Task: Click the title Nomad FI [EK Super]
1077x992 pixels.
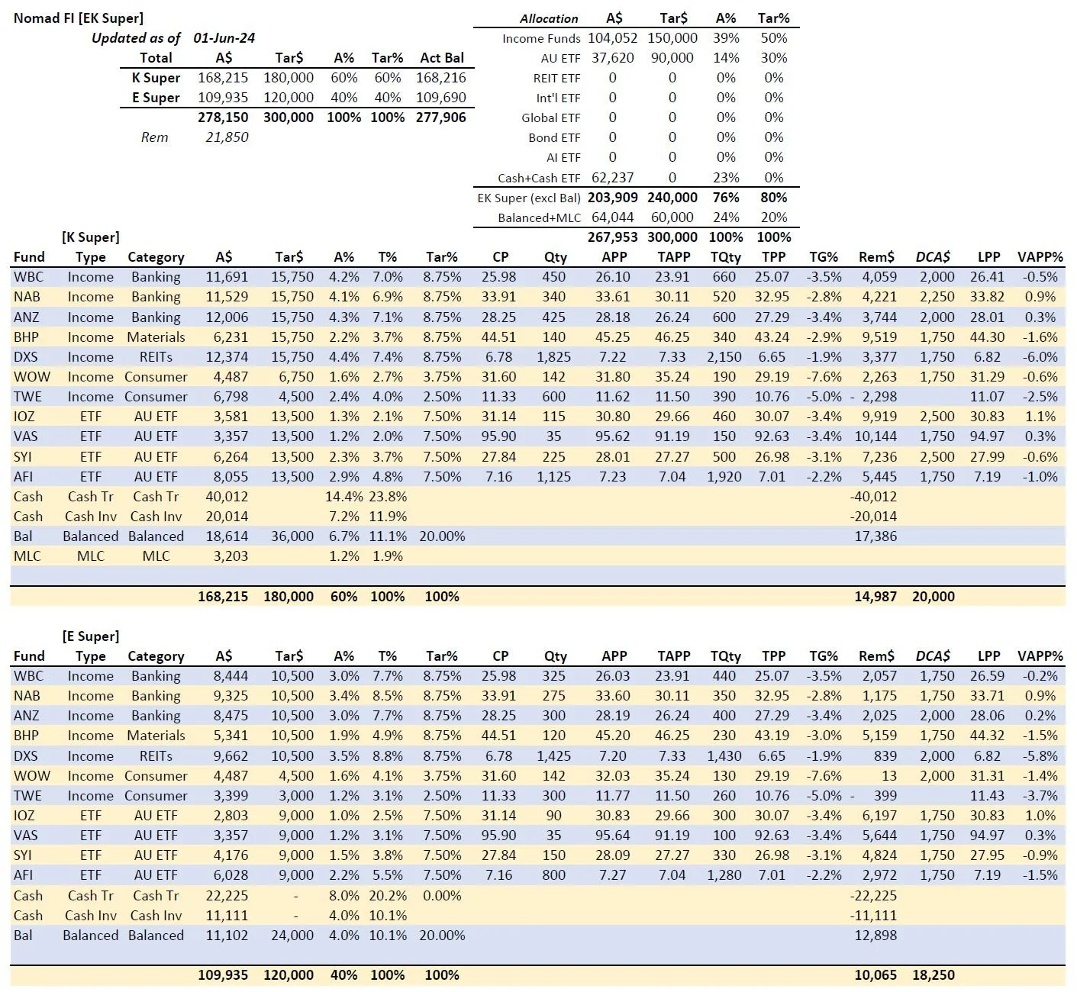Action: pos(79,18)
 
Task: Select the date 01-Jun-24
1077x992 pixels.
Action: pos(224,37)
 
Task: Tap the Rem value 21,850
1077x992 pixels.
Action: pos(227,137)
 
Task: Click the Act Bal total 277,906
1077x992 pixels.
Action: pos(440,118)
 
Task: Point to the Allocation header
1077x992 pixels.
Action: pos(549,18)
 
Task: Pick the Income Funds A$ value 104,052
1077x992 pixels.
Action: pos(612,38)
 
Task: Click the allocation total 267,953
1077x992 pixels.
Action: pos(612,237)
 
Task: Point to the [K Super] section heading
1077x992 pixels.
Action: pos(91,237)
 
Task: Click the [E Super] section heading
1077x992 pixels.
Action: pos(91,636)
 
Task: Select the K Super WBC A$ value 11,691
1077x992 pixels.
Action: pos(227,277)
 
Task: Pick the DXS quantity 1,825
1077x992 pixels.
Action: pos(553,357)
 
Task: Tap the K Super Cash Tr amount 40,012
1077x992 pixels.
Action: pos(227,497)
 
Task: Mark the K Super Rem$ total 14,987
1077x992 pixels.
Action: pos(875,597)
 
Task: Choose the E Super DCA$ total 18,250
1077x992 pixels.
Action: pos(933,975)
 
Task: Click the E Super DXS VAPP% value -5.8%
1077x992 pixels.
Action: pos(1040,756)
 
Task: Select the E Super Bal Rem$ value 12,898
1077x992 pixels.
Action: pos(875,936)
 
